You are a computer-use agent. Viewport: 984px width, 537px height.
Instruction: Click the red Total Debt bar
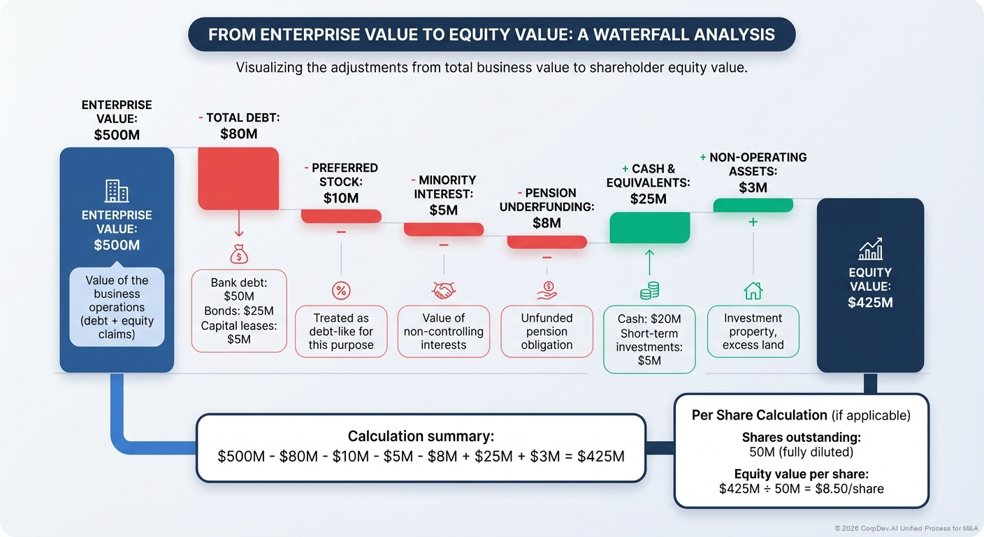click(x=239, y=178)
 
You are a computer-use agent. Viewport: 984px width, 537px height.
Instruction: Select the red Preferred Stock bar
click(x=341, y=216)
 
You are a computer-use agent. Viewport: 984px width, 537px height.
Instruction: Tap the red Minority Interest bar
click(x=444, y=229)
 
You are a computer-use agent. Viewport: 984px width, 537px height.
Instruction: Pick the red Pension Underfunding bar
click(x=547, y=242)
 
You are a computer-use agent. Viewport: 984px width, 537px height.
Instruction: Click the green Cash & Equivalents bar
click(x=650, y=227)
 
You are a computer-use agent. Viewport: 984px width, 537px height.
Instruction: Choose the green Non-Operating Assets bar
click(x=753, y=205)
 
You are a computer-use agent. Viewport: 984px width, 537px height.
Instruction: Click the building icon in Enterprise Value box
click(x=117, y=191)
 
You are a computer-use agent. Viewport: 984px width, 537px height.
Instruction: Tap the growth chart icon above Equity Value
click(x=870, y=249)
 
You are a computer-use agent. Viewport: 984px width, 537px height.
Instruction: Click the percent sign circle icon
click(x=341, y=290)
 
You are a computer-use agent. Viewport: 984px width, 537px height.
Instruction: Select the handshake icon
click(x=444, y=289)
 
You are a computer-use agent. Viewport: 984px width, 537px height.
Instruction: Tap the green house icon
click(x=753, y=290)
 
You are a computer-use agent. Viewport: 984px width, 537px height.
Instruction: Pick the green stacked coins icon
click(x=649, y=290)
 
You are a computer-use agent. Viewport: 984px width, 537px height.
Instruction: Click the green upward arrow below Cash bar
click(x=649, y=262)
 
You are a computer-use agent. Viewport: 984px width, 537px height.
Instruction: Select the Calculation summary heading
click(x=421, y=436)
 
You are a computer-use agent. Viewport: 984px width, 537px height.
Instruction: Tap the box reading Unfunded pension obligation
click(x=547, y=331)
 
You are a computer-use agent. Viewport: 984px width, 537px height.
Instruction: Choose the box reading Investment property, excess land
click(x=753, y=331)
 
